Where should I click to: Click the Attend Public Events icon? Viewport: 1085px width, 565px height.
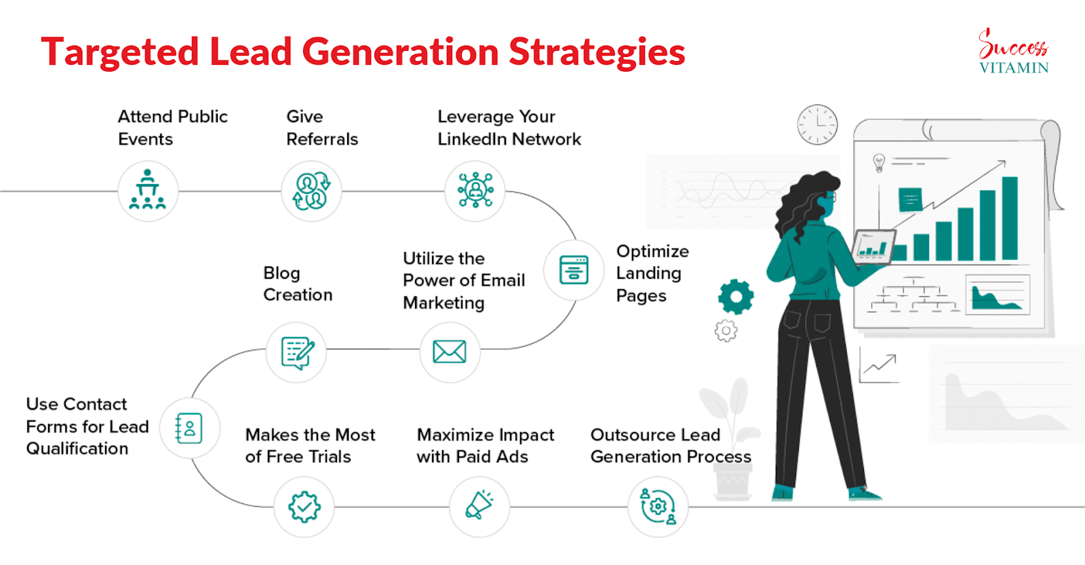click(148, 191)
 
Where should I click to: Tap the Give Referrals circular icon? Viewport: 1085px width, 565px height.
click(311, 191)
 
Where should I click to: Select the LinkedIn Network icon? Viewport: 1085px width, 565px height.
click(475, 190)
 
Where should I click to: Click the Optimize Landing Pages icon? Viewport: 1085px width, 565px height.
click(574, 270)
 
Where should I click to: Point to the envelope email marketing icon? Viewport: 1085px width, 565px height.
click(450, 352)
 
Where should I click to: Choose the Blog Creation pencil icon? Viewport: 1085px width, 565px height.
click(298, 353)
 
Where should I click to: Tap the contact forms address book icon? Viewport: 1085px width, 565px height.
click(189, 429)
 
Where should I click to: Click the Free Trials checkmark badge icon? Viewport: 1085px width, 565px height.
click(304, 507)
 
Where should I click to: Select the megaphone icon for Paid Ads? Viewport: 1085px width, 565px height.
click(479, 505)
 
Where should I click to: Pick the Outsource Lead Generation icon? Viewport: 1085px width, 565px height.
click(657, 507)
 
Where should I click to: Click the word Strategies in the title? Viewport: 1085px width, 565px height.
click(597, 52)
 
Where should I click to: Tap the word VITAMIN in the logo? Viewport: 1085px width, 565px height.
click(1014, 67)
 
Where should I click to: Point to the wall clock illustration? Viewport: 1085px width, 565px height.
click(818, 125)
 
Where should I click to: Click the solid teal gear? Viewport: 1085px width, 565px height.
click(736, 296)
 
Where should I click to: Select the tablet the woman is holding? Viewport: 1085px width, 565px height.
click(874, 247)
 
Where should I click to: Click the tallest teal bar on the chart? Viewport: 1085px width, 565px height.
click(1010, 218)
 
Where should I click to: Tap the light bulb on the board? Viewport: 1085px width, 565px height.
click(879, 163)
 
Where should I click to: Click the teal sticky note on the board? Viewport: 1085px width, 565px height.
click(910, 199)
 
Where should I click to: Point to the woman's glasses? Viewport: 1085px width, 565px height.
click(830, 197)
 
